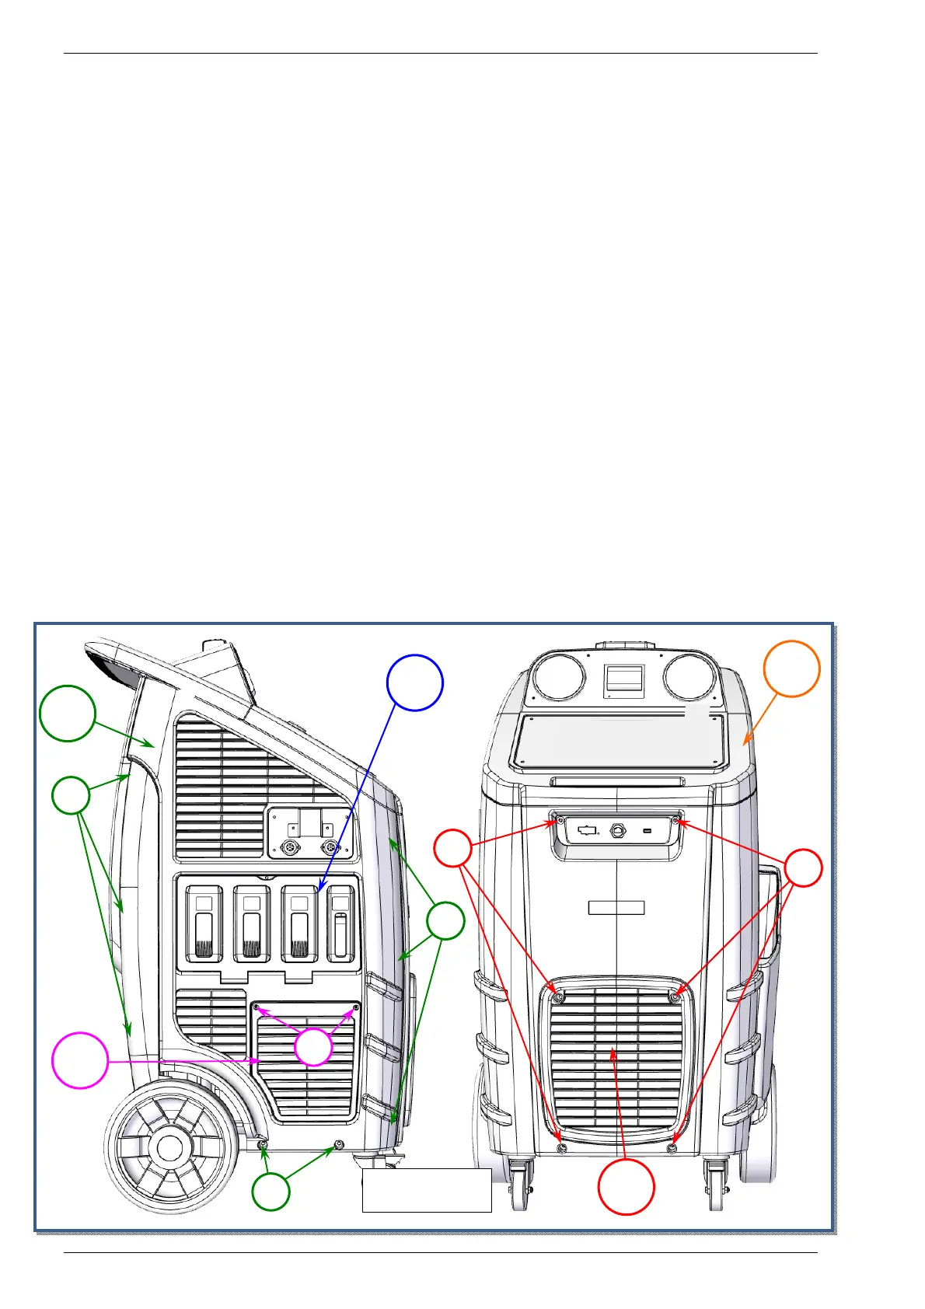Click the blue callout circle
[415, 682]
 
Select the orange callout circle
[791, 668]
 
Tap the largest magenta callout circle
[79, 1060]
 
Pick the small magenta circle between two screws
[313, 1046]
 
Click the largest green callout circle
[68, 714]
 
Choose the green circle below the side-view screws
[271, 1191]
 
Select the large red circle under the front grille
[626, 1186]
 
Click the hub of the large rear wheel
[169, 1147]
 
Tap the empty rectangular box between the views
[427, 1190]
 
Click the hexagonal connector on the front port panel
[618, 829]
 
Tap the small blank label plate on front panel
[616, 907]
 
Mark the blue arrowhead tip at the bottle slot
[319, 890]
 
